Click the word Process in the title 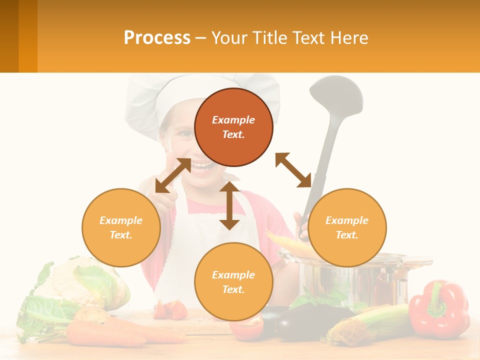(157, 38)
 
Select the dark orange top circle (233, 127)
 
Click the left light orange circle (121, 227)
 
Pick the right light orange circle (347, 227)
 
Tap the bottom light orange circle (233, 281)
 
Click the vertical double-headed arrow (229, 205)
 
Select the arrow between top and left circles (173, 175)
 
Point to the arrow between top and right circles (293, 170)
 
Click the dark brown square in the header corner (9, 36)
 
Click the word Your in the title (229, 38)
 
